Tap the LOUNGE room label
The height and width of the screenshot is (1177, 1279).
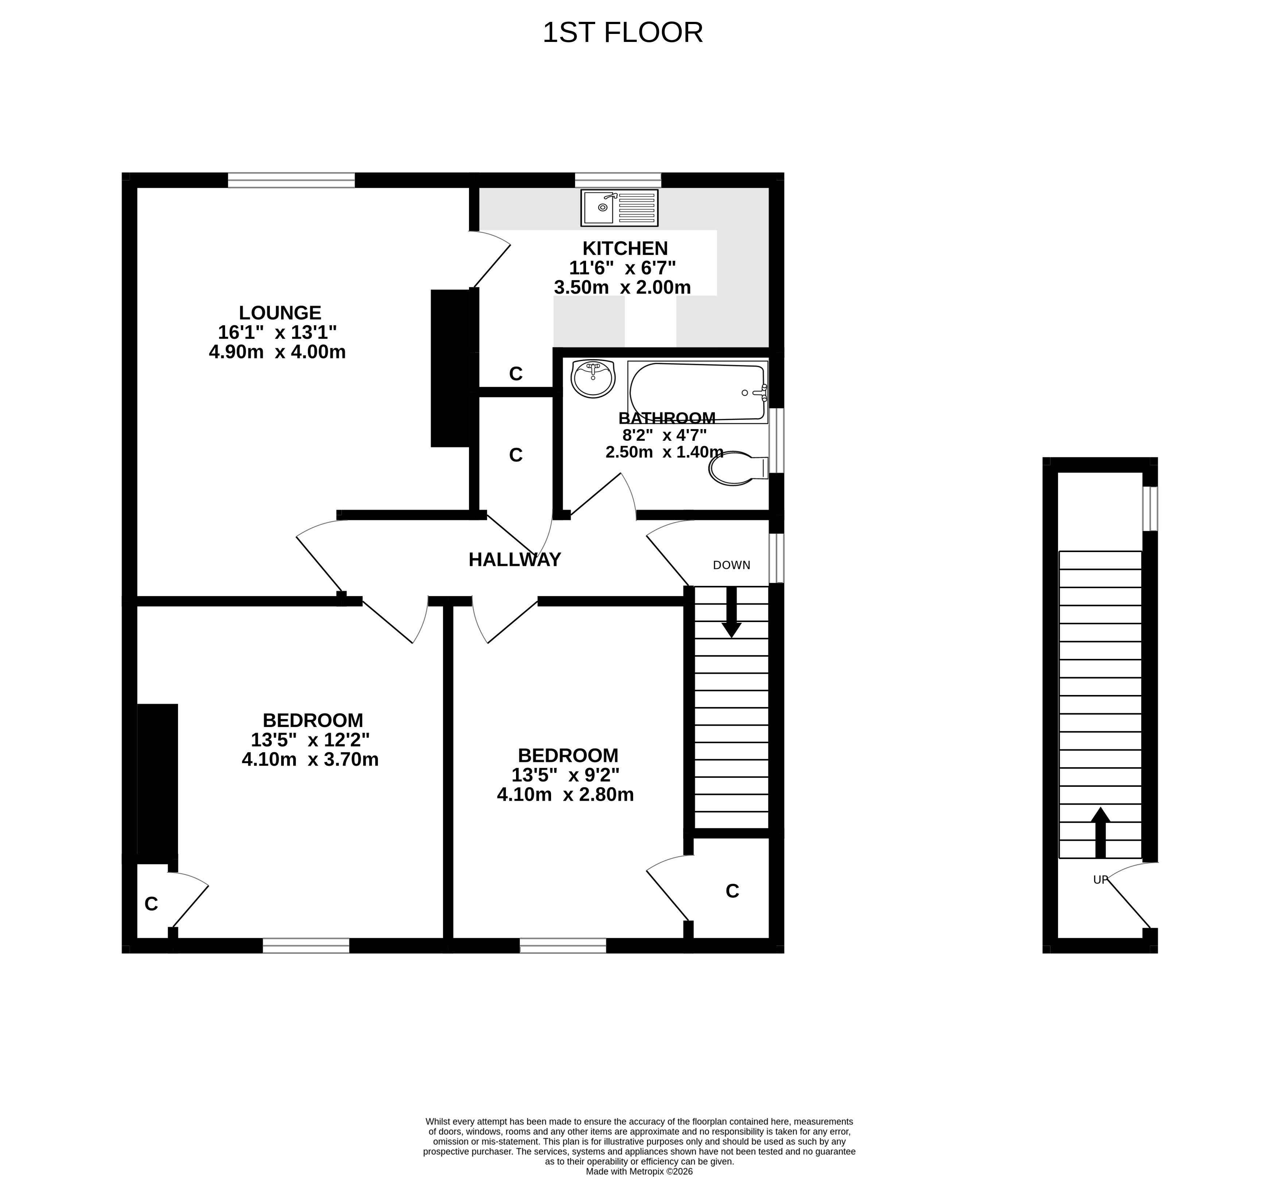pyautogui.click(x=280, y=313)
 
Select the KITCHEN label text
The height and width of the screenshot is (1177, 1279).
pyautogui.click(x=625, y=248)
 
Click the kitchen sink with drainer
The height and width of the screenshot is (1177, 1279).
pyautogui.click(x=619, y=207)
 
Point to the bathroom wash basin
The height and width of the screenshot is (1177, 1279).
pyautogui.click(x=593, y=378)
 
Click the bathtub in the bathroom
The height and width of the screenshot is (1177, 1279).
pyautogui.click(x=697, y=392)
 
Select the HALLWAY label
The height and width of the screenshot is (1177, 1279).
pyautogui.click(x=515, y=560)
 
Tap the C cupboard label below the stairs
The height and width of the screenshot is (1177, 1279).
pyautogui.click(x=732, y=892)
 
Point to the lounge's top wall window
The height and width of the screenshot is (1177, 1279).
pyautogui.click(x=291, y=180)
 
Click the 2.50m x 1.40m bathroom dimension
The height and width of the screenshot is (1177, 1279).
pyautogui.click(x=664, y=452)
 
